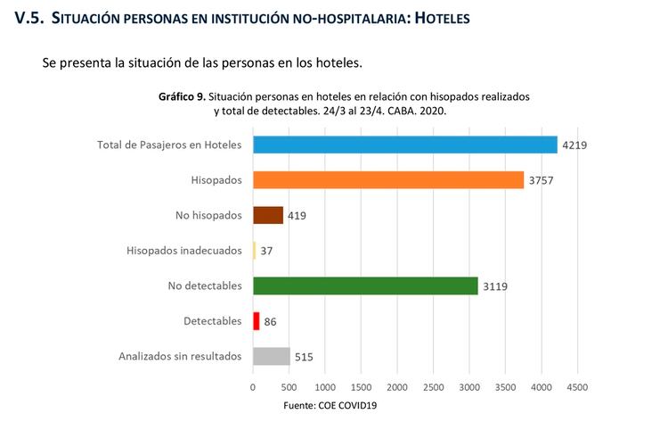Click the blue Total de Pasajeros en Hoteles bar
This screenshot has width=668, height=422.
pyautogui.click(x=405, y=145)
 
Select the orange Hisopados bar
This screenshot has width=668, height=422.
pyautogui.click(x=388, y=179)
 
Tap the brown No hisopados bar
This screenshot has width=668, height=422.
pyautogui.click(x=268, y=215)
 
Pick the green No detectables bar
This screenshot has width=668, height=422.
pyautogui.click(x=365, y=285)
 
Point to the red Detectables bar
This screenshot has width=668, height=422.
pyautogui.click(x=257, y=320)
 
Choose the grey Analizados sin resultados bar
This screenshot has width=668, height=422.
pyautogui.click(x=272, y=356)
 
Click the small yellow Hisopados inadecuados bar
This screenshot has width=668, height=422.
pyautogui.click(x=255, y=251)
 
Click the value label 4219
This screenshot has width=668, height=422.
pyautogui.click(x=574, y=145)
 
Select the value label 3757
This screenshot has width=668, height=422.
pyautogui.click(x=542, y=180)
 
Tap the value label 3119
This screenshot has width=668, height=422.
pyautogui.click(x=495, y=286)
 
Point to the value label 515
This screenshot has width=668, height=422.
pyautogui.click(x=304, y=357)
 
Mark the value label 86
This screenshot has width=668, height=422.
pyautogui.click(x=271, y=321)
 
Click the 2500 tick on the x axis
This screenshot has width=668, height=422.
pyautogui.click(x=433, y=388)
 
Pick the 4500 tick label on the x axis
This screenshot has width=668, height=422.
pyautogui.click(x=577, y=388)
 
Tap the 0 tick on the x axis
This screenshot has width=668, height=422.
pyautogui.click(x=253, y=388)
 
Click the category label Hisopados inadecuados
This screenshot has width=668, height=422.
pyautogui.click(x=183, y=251)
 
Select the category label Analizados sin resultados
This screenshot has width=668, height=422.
pyautogui.click(x=180, y=356)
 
